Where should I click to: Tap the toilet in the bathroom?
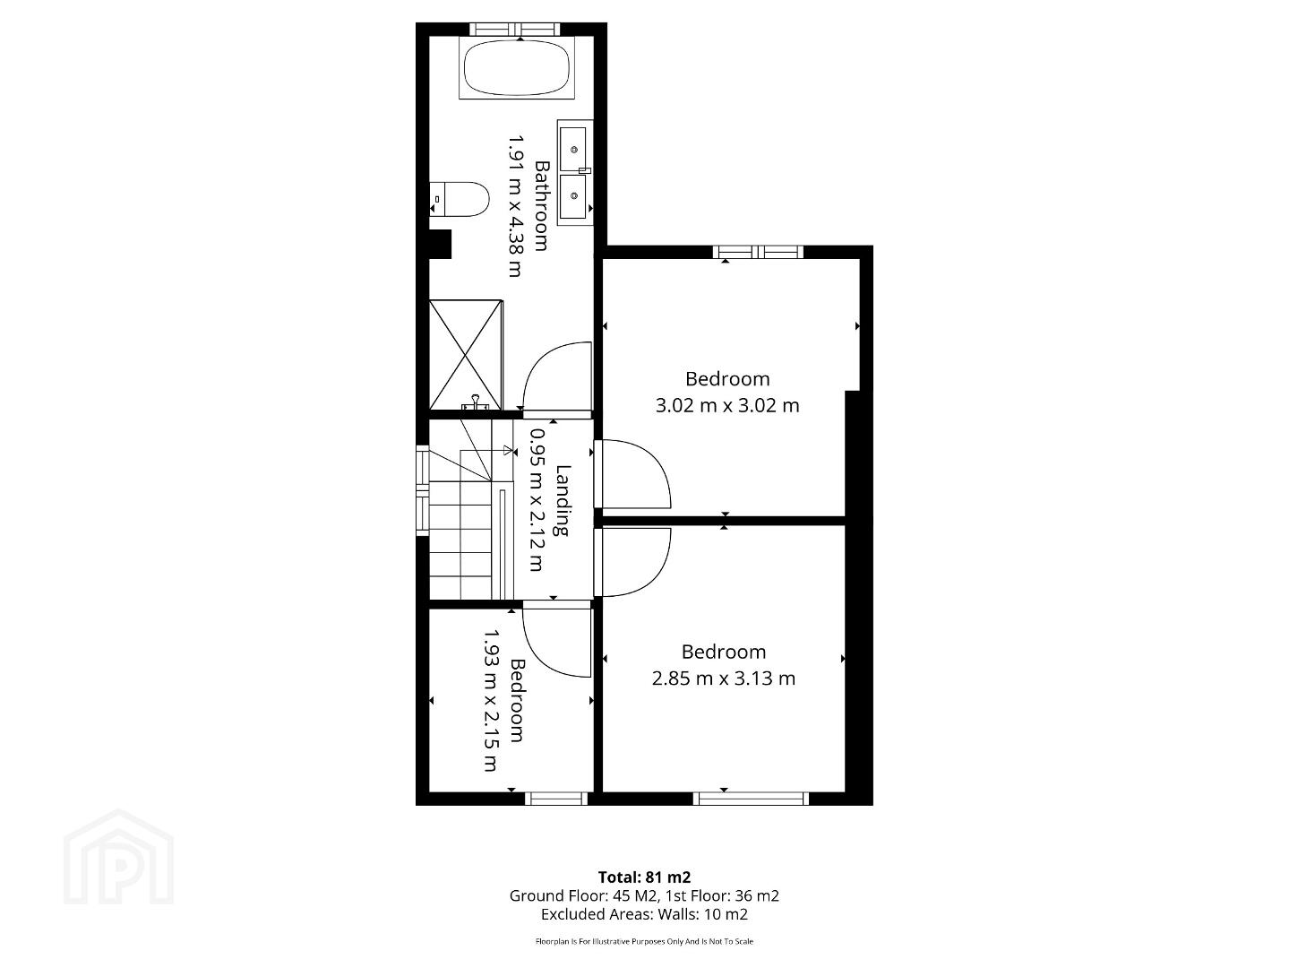click(x=460, y=199)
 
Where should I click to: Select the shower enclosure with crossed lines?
click(x=466, y=355)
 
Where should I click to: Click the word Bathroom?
click(x=541, y=206)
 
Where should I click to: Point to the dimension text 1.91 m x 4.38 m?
click(x=515, y=206)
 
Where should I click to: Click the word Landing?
click(x=563, y=500)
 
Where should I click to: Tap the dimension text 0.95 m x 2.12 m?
click(x=537, y=500)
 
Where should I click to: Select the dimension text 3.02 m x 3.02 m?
click(x=727, y=405)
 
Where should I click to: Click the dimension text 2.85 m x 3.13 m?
click(x=724, y=678)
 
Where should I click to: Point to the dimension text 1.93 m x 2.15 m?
click(x=490, y=701)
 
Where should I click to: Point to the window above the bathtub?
click(x=515, y=29)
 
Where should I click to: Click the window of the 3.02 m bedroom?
click(x=758, y=252)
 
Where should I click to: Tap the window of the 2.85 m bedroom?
click(x=751, y=799)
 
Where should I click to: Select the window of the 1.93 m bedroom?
click(x=555, y=799)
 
